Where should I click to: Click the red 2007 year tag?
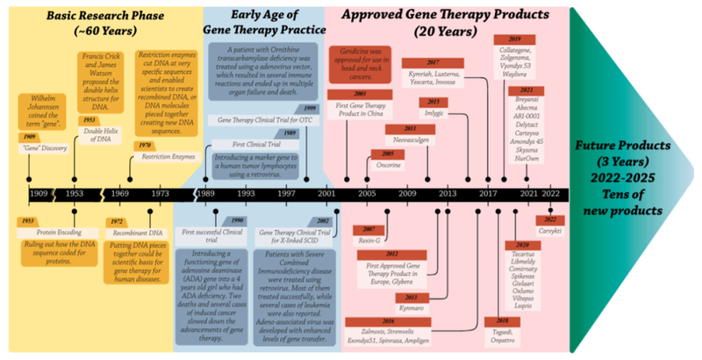point(364,229)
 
